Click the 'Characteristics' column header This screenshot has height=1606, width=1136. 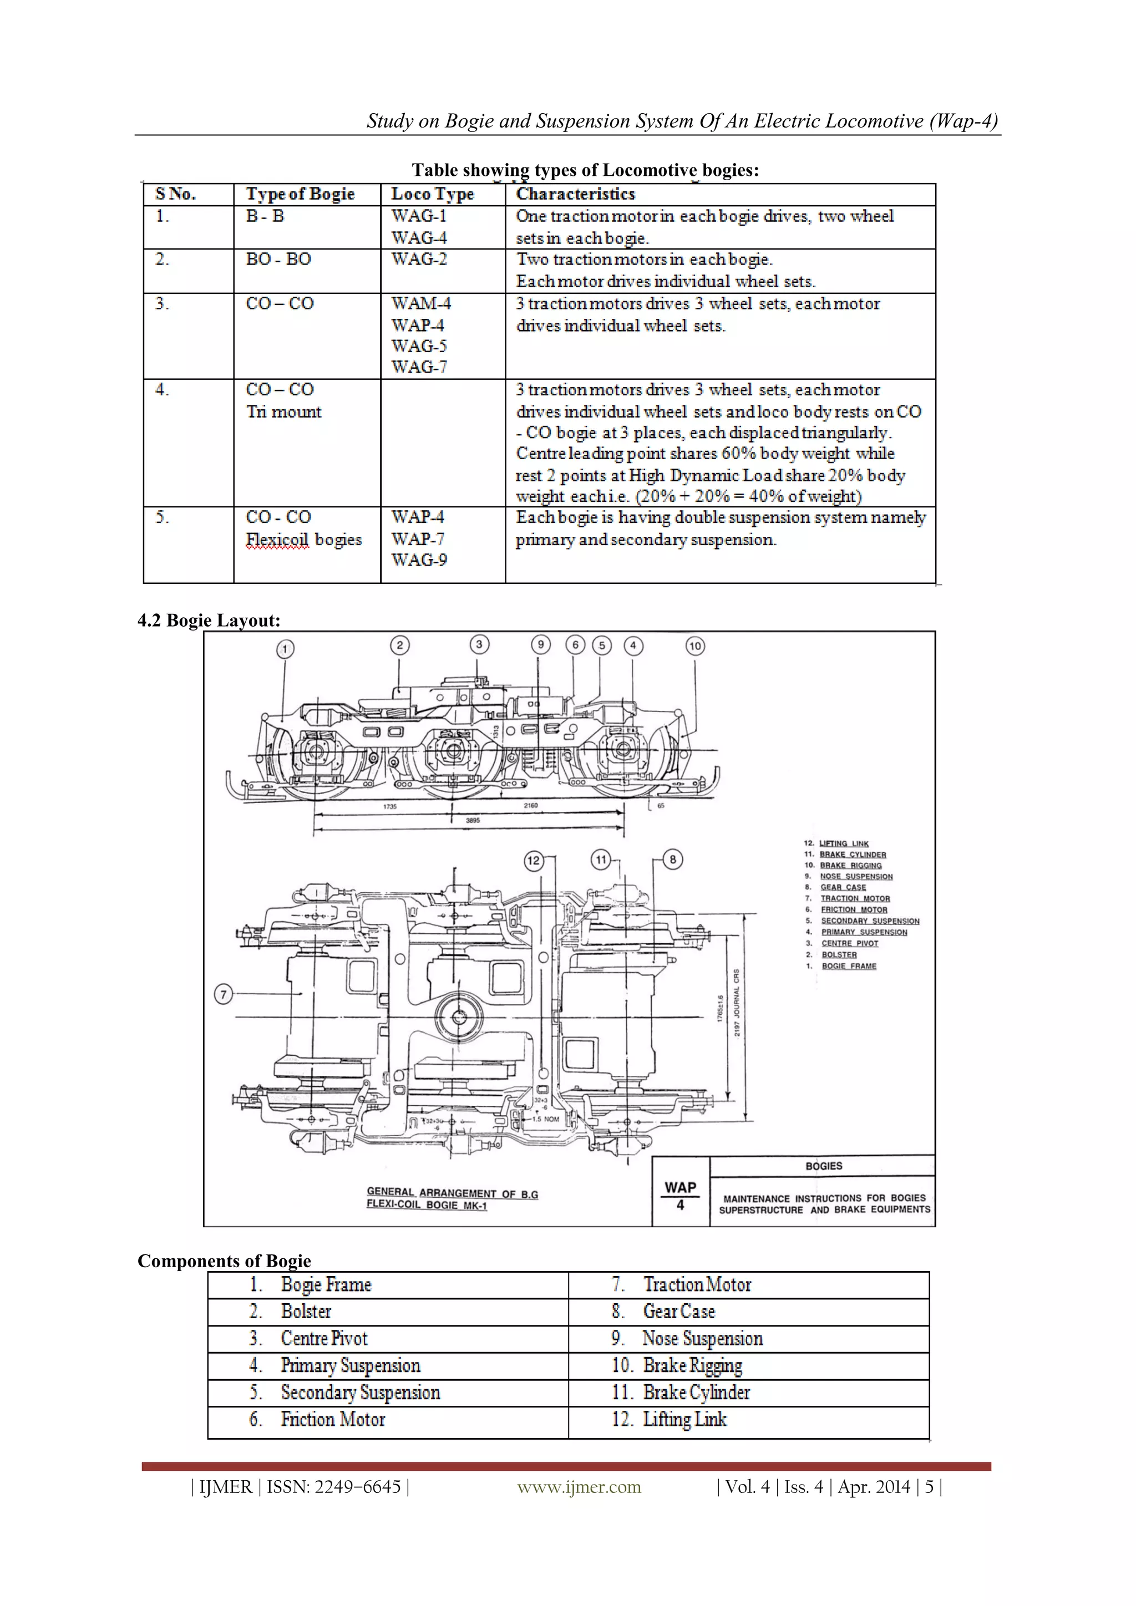pyautogui.click(x=575, y=194)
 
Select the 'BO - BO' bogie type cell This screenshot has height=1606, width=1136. pyautogui.click(x=278, y=260)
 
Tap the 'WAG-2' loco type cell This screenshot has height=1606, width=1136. pyautogui.click(x=418, y=260)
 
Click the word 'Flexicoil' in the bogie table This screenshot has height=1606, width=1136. pyautogui.click(x=277, y=540)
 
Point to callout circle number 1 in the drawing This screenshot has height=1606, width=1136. pyautogui.click(x=285, y=650)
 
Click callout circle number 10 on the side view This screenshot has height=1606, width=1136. pyautogui.click(x=694, y=646)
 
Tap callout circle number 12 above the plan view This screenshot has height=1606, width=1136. pyautogui.click(x=534, y=860)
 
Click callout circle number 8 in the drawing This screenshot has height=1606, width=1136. pyautogui.click(x=673, y=860)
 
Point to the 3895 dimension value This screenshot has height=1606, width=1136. pyautogui.click(x=473, y=821)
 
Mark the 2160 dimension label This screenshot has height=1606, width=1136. pyautogui.click(x=531, y=806)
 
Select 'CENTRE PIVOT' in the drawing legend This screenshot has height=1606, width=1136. pyautogui.click(x=849, y=944)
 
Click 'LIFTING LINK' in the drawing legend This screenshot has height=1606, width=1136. pyautogui.click(x=844, y=843)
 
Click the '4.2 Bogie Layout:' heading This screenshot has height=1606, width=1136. pyautogui.click(x=209, y=621)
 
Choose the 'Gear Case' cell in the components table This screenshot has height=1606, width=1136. pyautogui.click(x=678, y=1312)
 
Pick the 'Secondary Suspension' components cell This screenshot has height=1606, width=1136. pyautogui.click(x=360, y=1392)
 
